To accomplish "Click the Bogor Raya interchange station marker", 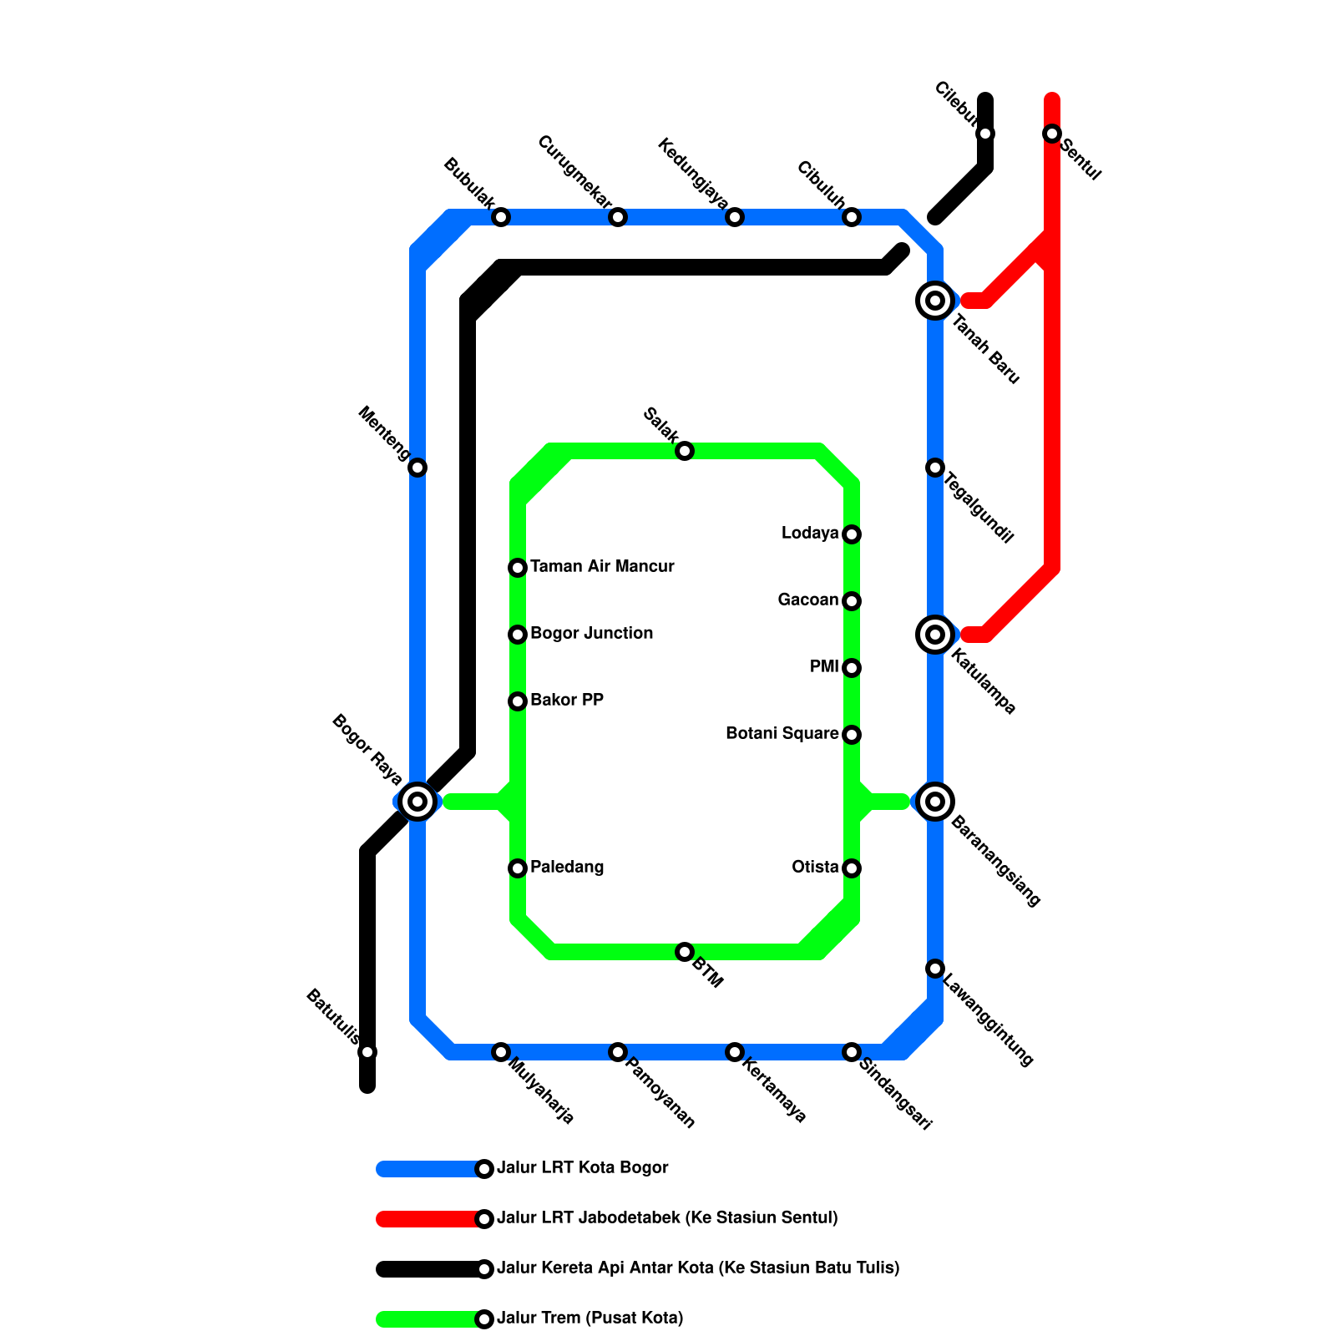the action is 417,802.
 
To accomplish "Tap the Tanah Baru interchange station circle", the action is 935,301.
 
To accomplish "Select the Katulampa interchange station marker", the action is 935,635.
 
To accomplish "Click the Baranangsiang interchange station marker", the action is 935,802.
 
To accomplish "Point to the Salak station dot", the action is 685,451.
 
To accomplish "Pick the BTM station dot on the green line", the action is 685,952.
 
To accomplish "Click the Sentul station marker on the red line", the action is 1052,134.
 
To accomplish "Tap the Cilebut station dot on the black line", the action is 985,134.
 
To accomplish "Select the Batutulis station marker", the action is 367,1052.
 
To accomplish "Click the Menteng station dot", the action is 417,468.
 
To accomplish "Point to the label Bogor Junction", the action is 591,633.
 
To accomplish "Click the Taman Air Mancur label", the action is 602,566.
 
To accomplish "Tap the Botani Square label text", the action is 782,733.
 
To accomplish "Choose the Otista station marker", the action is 852,868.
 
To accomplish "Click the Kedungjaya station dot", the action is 735,217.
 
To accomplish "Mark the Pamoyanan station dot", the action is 618,1052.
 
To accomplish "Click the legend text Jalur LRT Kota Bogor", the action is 582,1167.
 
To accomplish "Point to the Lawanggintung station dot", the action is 935,969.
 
